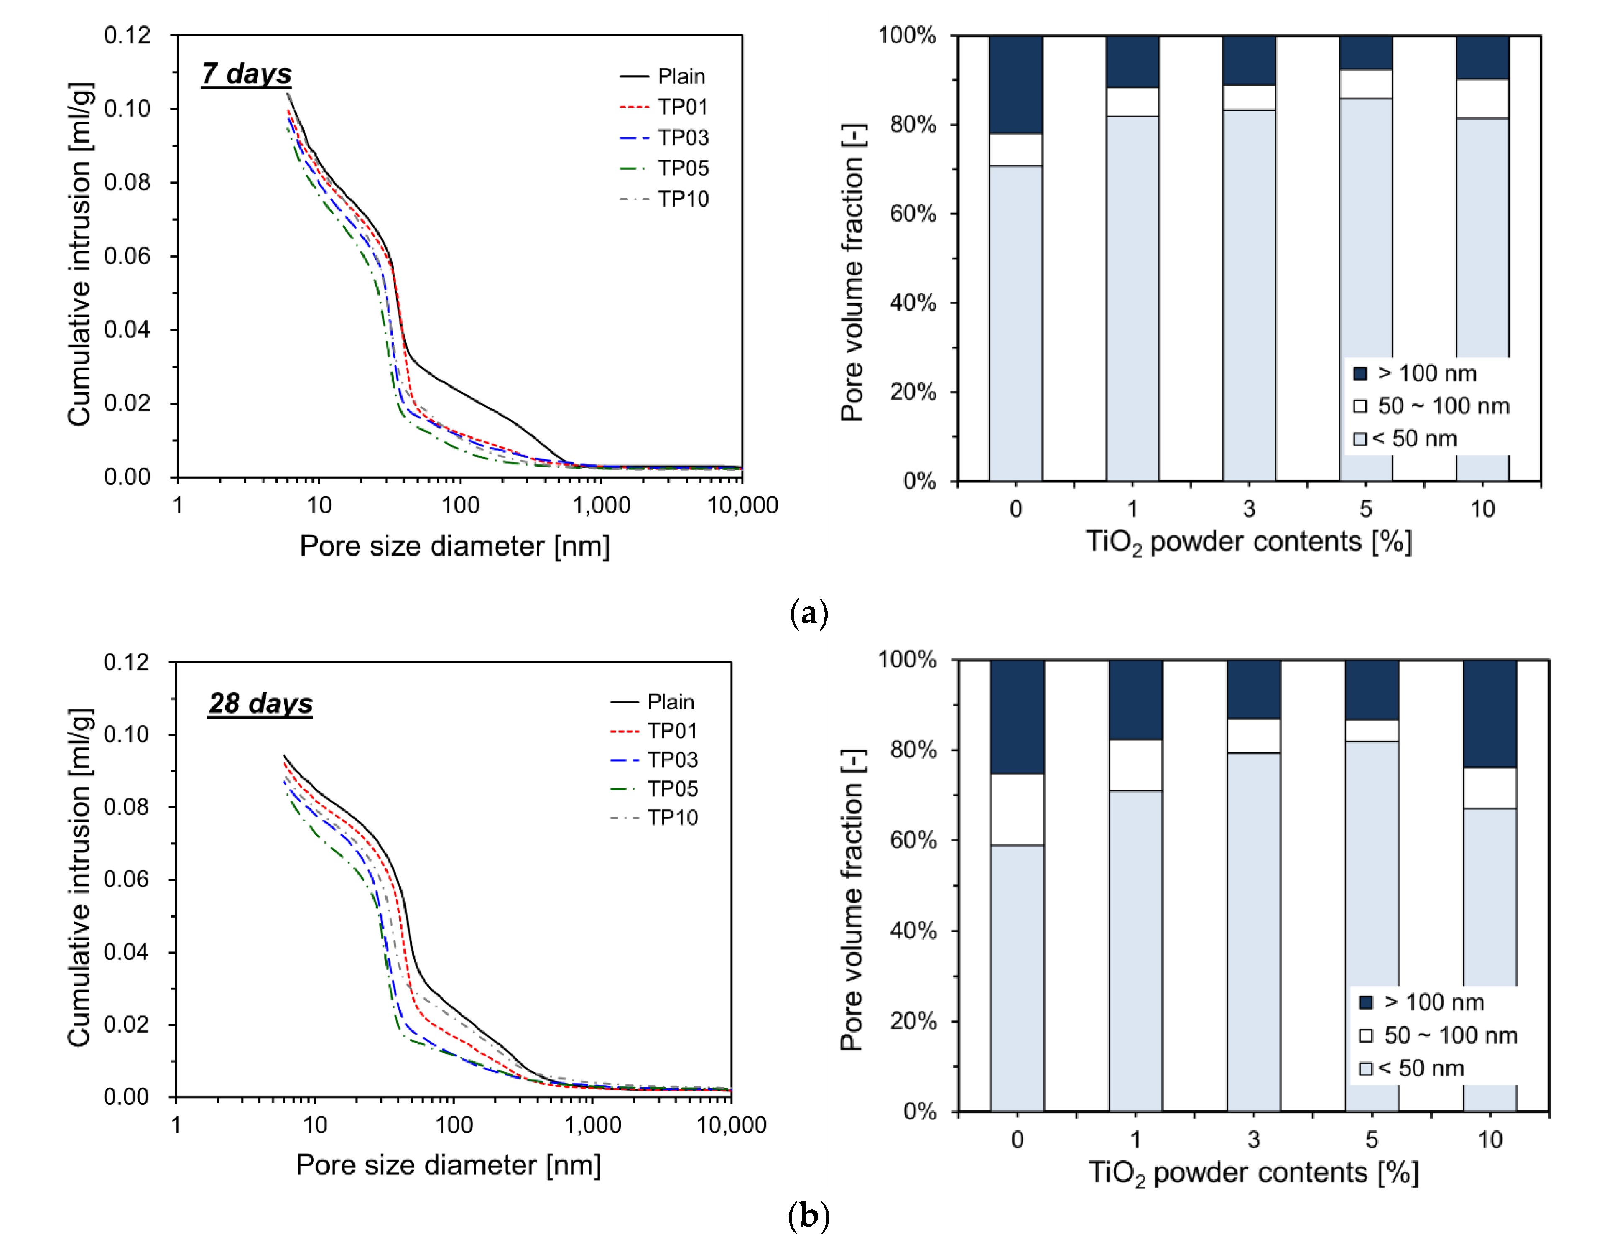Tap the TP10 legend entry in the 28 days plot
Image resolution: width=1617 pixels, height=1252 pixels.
pyautogui.click(x=671, y=817)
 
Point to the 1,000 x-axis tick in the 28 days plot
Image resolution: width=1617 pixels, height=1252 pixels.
pyautogui.click(x=592, y=1125)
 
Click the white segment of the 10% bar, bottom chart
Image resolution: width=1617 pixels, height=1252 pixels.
pyautogui.click(x=1489, y=787)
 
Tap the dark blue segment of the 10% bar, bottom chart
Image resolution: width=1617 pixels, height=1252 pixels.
pyautogui.click(x=1489, y=713)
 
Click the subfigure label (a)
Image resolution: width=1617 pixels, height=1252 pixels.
pyautogui.click(x=808, y=613)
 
